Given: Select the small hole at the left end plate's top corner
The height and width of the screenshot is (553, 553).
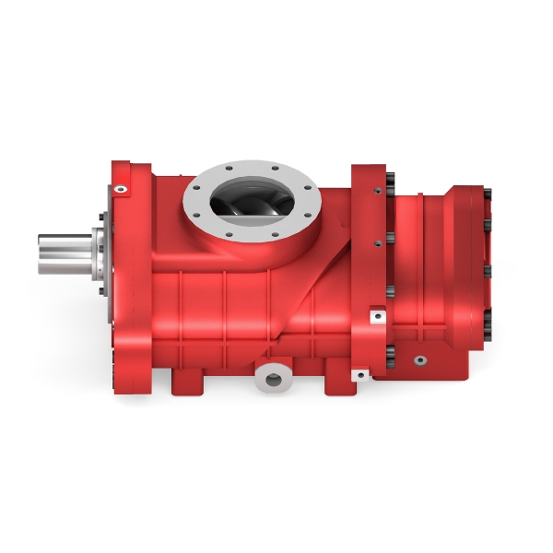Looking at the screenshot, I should coord(119,189).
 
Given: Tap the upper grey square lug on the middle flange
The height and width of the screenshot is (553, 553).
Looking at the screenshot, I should coord(376,316).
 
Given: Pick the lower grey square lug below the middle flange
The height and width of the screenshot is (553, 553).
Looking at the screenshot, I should coord(362,374).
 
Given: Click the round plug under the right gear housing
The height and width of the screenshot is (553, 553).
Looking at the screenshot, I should coord(419,360).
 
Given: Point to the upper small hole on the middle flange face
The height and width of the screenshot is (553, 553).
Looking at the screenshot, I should coord(376,191).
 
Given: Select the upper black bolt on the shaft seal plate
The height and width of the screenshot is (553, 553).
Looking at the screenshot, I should coord(99,221).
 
